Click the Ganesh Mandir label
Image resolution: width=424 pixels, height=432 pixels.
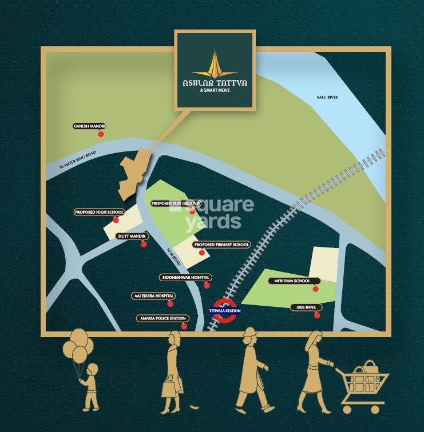[x=90, y=126]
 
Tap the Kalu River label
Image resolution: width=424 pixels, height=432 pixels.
[x=327, y=98]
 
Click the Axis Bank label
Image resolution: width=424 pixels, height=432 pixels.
[x=303, y=307]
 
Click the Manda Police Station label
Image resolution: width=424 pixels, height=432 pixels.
[x=162, y=318]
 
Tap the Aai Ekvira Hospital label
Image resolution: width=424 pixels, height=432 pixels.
[x=153, y=296]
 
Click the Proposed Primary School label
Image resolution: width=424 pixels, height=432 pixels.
[x=222, y=245]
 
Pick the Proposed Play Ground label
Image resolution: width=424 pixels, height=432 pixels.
[x=176, y=203]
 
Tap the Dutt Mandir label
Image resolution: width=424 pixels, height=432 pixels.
[x=133, y=235]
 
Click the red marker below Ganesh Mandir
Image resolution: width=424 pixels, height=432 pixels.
[x=101, y=134]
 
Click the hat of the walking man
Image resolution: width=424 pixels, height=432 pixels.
[x=250, y=332]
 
